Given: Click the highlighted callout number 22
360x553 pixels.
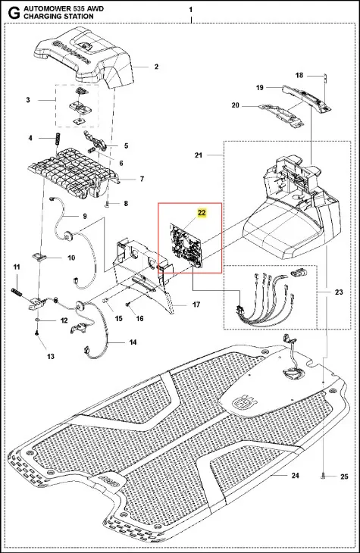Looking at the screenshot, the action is click(202, 213).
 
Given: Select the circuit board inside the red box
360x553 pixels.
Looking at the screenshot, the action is click(186, 243).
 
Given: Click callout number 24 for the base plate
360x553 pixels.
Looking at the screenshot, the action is click(295, 476).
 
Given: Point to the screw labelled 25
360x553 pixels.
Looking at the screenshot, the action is click(324, 476).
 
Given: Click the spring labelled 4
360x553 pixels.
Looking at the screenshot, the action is click(57, 139).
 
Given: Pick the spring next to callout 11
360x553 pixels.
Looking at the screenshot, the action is click(15, 292).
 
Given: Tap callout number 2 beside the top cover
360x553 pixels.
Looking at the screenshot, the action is click(156, 67).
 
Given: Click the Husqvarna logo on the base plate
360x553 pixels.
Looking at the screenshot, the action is click(243, 401).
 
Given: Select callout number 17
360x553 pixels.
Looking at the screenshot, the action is click(196, 305).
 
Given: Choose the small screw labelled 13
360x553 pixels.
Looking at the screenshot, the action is click(37, 333).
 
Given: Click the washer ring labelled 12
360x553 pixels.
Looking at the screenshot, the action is click(37, 320).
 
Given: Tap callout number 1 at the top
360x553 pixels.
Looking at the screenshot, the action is click(190, 10).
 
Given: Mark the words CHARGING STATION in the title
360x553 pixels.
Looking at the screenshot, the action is click(58, 16).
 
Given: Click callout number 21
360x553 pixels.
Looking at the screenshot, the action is click(199, 155).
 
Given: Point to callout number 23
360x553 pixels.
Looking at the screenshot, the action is click(339, 292).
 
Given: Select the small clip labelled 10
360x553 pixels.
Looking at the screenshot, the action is click(39, 256).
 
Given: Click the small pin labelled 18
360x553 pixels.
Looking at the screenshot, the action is click(326, 77).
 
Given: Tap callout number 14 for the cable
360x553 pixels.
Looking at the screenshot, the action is click(133, 342).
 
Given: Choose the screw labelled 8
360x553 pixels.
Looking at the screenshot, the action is click(108, 204).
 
